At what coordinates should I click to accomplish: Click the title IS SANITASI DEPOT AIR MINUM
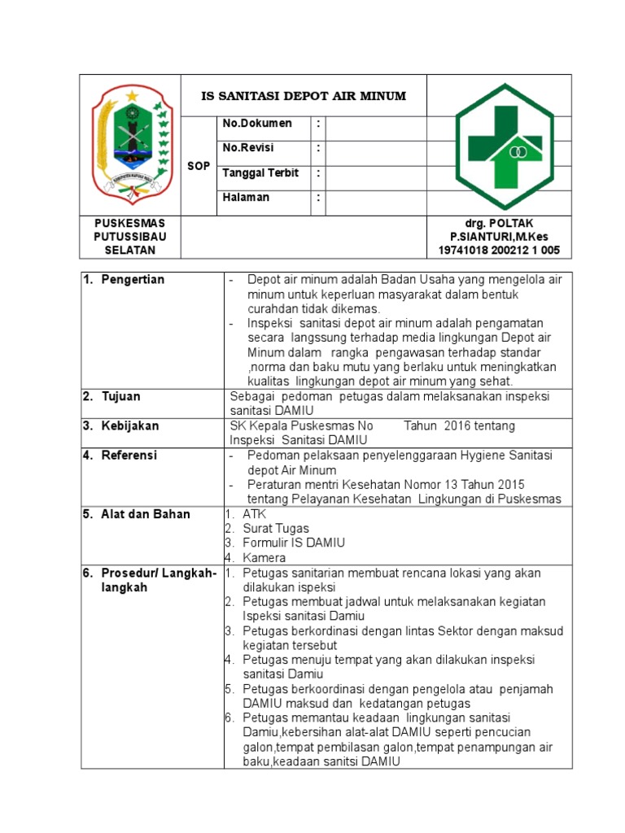tap(304, 96)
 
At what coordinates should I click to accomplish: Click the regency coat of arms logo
tap(130, 145)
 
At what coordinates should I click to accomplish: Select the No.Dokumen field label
tap(257, 123)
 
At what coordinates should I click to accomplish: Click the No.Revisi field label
tap(248, 148)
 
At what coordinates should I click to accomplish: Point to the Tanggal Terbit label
tap(260, 173)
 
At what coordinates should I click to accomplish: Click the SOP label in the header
tap(199, 166)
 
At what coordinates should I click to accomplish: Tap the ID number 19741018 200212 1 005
tap(499, 250)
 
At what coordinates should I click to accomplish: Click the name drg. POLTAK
tap(500, 223)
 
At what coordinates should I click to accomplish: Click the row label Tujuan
tap(120, 396)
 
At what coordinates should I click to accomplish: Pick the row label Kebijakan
tap(130, 425)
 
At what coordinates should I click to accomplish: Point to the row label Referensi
tap(129, 456)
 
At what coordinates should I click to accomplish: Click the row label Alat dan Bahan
tap(145, 514)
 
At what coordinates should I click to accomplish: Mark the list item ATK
tap(254, 514)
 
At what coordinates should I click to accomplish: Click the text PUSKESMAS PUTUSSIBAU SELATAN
tap(130, 236)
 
